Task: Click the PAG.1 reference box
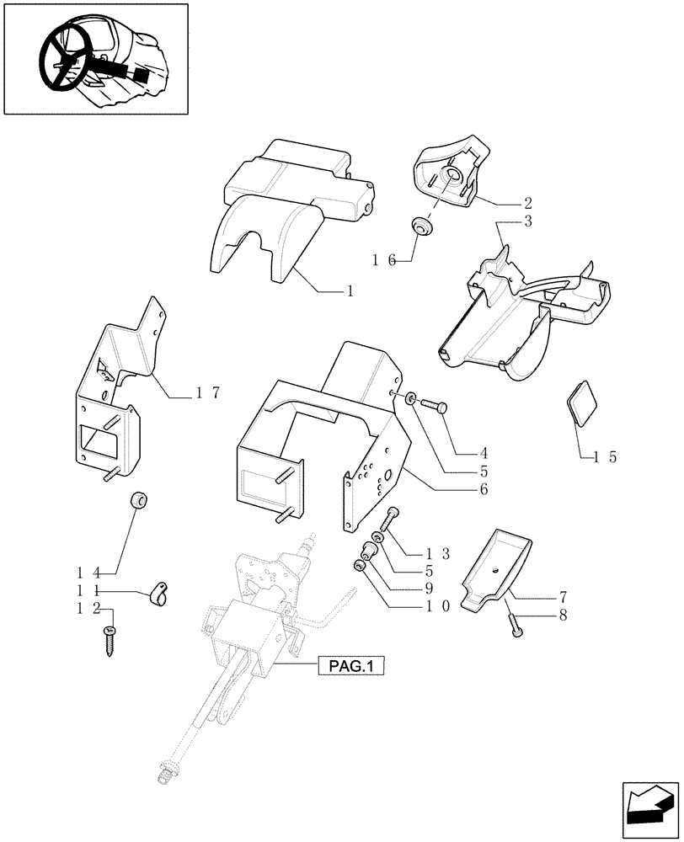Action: click(351, 667)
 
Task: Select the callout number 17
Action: click(207, 392)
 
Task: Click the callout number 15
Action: click(606, 457)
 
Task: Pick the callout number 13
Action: click(436, 553)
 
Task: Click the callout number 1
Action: click(348, 291)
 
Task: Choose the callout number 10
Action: click(437, 605)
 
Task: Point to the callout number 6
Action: click(484, 488)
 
